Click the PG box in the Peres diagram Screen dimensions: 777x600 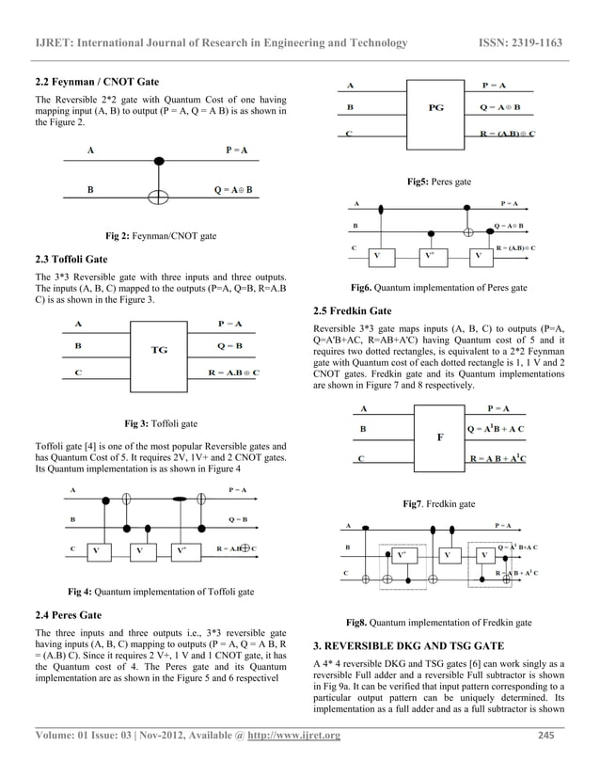point(435,108)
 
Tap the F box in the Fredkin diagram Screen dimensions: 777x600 point(439,437)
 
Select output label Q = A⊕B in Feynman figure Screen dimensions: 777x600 point(240,190)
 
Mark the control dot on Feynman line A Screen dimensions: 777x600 point(159,160)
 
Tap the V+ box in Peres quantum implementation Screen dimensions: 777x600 point(429,255)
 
